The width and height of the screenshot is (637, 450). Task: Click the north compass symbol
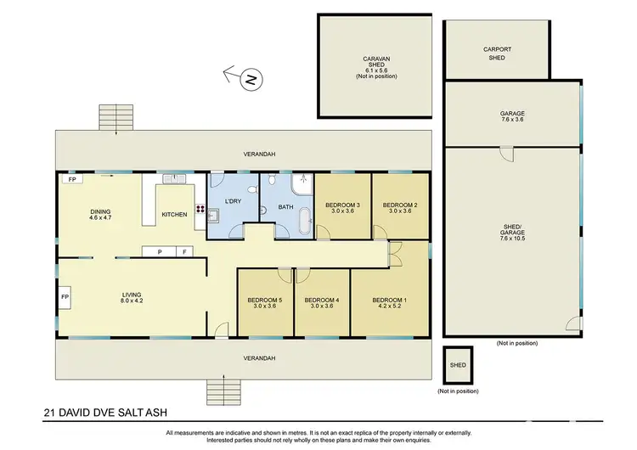tap(251, 80)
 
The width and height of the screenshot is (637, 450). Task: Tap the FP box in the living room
tap(65, 298)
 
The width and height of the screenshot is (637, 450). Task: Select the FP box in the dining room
tap(71, 180)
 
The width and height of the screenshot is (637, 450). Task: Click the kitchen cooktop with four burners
tap(200, 209)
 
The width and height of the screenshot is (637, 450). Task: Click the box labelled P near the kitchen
tap(158, 251)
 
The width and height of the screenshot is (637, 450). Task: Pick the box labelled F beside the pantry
tap(184, 251)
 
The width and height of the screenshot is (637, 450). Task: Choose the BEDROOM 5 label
tap(264, 300)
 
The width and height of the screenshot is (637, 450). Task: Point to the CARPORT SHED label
tap(497, 53)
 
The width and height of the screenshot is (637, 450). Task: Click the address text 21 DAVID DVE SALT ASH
tap(96, 415)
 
